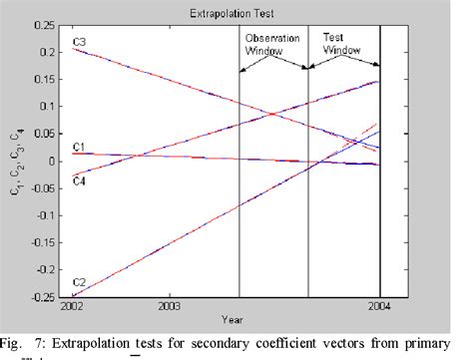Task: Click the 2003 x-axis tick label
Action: pos(169,307)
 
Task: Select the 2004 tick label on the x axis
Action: pos(378,307)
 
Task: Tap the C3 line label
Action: pos(81,42)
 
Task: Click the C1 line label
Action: pos(80,148)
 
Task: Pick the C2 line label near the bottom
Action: pos(80,283)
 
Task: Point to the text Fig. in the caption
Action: pos(18,339)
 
